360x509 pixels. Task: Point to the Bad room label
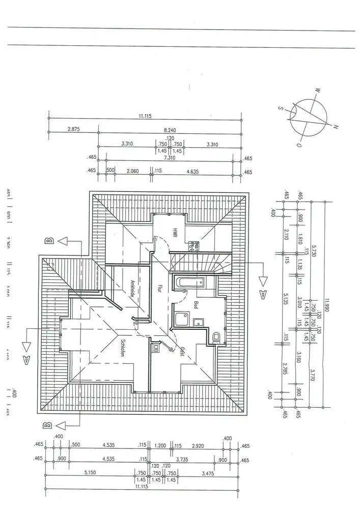[x=196, y=304]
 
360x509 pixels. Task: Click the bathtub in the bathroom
[x=189, y=281]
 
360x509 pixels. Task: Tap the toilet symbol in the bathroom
[x=216, y=336]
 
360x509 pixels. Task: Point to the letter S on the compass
[x=281, y=107]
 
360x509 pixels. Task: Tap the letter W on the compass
[x=317, y=91]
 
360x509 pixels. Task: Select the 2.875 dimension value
[x=74, y=130]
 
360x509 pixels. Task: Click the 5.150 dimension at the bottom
[x=91, y=473]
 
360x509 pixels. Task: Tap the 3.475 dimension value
[x=208, y=473]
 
